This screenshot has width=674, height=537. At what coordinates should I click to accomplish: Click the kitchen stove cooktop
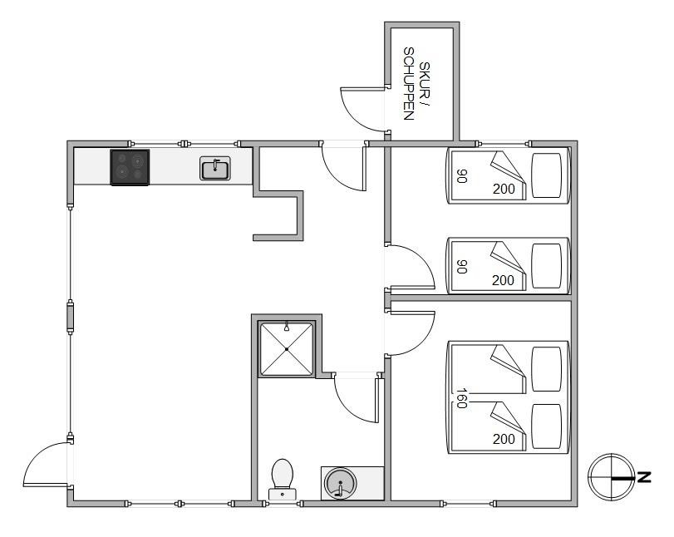(x=130, y=167)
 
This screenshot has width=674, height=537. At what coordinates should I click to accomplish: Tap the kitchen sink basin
(x=215, y=168)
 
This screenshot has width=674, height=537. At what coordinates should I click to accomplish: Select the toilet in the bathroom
(x=283, y=480)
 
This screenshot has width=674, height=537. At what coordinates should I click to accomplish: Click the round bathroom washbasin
(x=340, y=483)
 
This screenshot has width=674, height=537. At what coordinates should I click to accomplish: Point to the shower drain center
(x=286, y=349)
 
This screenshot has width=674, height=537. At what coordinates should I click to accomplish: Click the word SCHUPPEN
(x=408, y=83)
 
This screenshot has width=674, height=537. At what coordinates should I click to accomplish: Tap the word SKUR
(x=425, y=81)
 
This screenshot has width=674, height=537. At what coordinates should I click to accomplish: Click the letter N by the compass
(x=644, y=477)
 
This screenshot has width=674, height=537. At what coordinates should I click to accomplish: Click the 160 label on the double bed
(x=461, y=398)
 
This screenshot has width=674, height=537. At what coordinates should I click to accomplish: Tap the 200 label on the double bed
(x=504, y=439)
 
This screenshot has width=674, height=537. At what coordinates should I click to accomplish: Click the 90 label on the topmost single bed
(x=461, y=176)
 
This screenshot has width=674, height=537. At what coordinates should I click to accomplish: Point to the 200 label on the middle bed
(x=504, y=280)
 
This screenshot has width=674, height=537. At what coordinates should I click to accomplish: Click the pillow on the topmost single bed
(x=547, y=175)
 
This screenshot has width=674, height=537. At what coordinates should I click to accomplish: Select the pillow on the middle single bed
(x=547, y=266)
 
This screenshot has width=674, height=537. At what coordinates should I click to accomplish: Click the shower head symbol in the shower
(x=286, y=328)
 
